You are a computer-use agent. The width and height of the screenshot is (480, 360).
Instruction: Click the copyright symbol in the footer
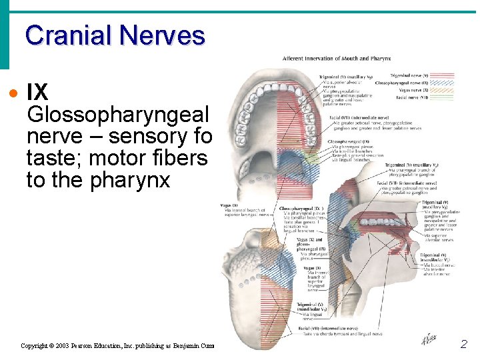click(54, 345)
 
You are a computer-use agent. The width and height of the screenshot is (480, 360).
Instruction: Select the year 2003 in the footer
click(67, 345)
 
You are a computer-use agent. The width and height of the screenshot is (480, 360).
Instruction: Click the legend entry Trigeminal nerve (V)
click(410, 75)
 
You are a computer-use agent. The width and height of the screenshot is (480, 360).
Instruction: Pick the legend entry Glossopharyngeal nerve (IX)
click(407, 83)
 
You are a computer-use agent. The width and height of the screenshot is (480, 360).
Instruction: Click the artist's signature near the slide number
click(429, 340)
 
